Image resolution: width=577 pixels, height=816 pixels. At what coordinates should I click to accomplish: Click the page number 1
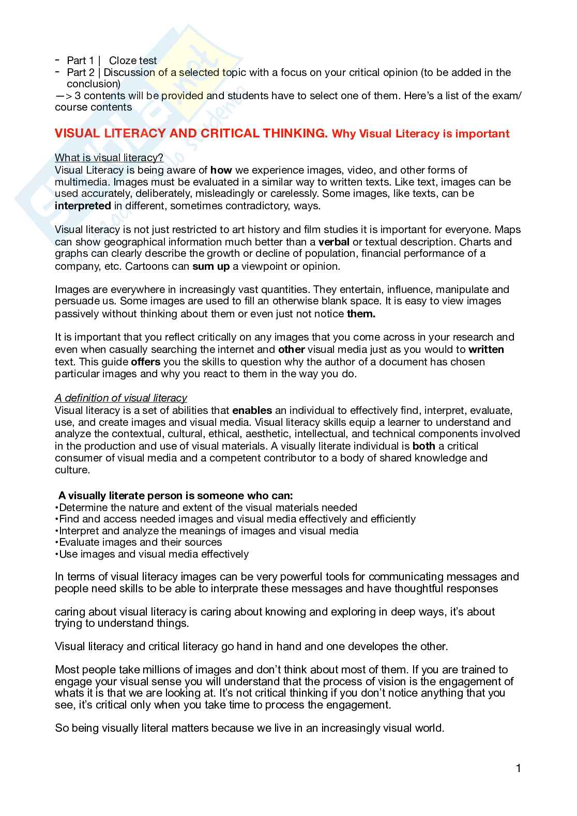tap(518, 768)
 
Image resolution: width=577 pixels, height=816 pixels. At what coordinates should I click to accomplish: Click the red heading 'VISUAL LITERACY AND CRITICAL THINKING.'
tap(191, 133)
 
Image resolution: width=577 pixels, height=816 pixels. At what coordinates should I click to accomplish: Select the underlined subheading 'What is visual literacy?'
tap(109, 158)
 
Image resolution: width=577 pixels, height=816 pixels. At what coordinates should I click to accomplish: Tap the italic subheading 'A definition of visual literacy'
tap(121, 398)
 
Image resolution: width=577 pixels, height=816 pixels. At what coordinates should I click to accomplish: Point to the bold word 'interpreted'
tap(83, 206)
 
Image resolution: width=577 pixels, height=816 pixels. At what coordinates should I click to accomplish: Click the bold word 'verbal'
tap(334, 242)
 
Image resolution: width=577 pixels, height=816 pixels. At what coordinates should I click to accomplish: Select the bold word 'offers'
tap(146, 362)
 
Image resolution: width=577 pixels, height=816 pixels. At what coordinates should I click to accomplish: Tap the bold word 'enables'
tap(252, 411)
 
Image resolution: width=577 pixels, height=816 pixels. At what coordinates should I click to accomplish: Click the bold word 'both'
tap(424, 446)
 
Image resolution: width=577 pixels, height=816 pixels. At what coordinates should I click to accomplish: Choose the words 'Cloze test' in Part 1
tap(133, 60)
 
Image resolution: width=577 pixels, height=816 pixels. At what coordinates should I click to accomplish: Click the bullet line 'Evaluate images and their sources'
tap(140, 542)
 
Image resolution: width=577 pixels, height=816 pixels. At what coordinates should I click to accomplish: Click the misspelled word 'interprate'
tap(234, 589)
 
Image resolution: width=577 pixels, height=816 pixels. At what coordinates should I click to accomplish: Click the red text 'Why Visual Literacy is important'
tap(420, 134)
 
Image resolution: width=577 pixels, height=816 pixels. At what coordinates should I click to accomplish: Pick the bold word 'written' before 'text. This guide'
tap(486, 350)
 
